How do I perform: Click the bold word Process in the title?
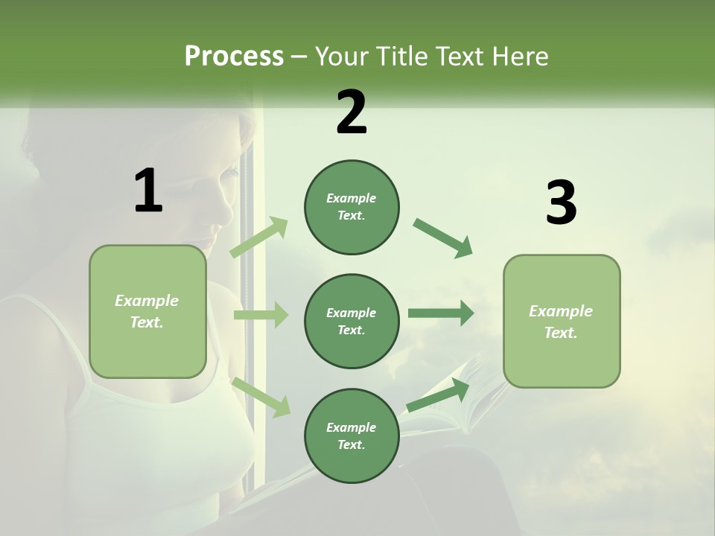pyautogui.click(x=234, y=57)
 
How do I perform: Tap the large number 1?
pyautogui.click(x=148, y=191)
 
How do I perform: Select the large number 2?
pyautogui.click(x=352, y=112)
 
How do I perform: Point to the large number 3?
pyautogui.click(x=561, y=202)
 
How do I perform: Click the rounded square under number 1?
pyautogui.click(x=147, y=311)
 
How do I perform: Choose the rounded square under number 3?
pyautogui.click(x=562, y=321)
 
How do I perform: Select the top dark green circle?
pyautogui.click(x=352, y=207)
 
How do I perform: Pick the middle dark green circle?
pyautogui.click(x=352, y=321)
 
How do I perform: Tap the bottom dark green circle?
pyautogui.click(x=352, y=435)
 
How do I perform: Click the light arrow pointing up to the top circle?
pyautogui.click(x=260, y=237)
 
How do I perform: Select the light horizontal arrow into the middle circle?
pyautogui.click(x=261, y=315)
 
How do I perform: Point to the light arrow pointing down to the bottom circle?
pyautogui.click(x=261, y=397)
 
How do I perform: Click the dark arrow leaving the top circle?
pyautogui.click(x=442, y=238)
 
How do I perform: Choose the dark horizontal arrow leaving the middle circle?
pyautogui.click(x=441, y=313)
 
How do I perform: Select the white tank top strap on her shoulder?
pyautogui.click(x=60, y=335)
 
